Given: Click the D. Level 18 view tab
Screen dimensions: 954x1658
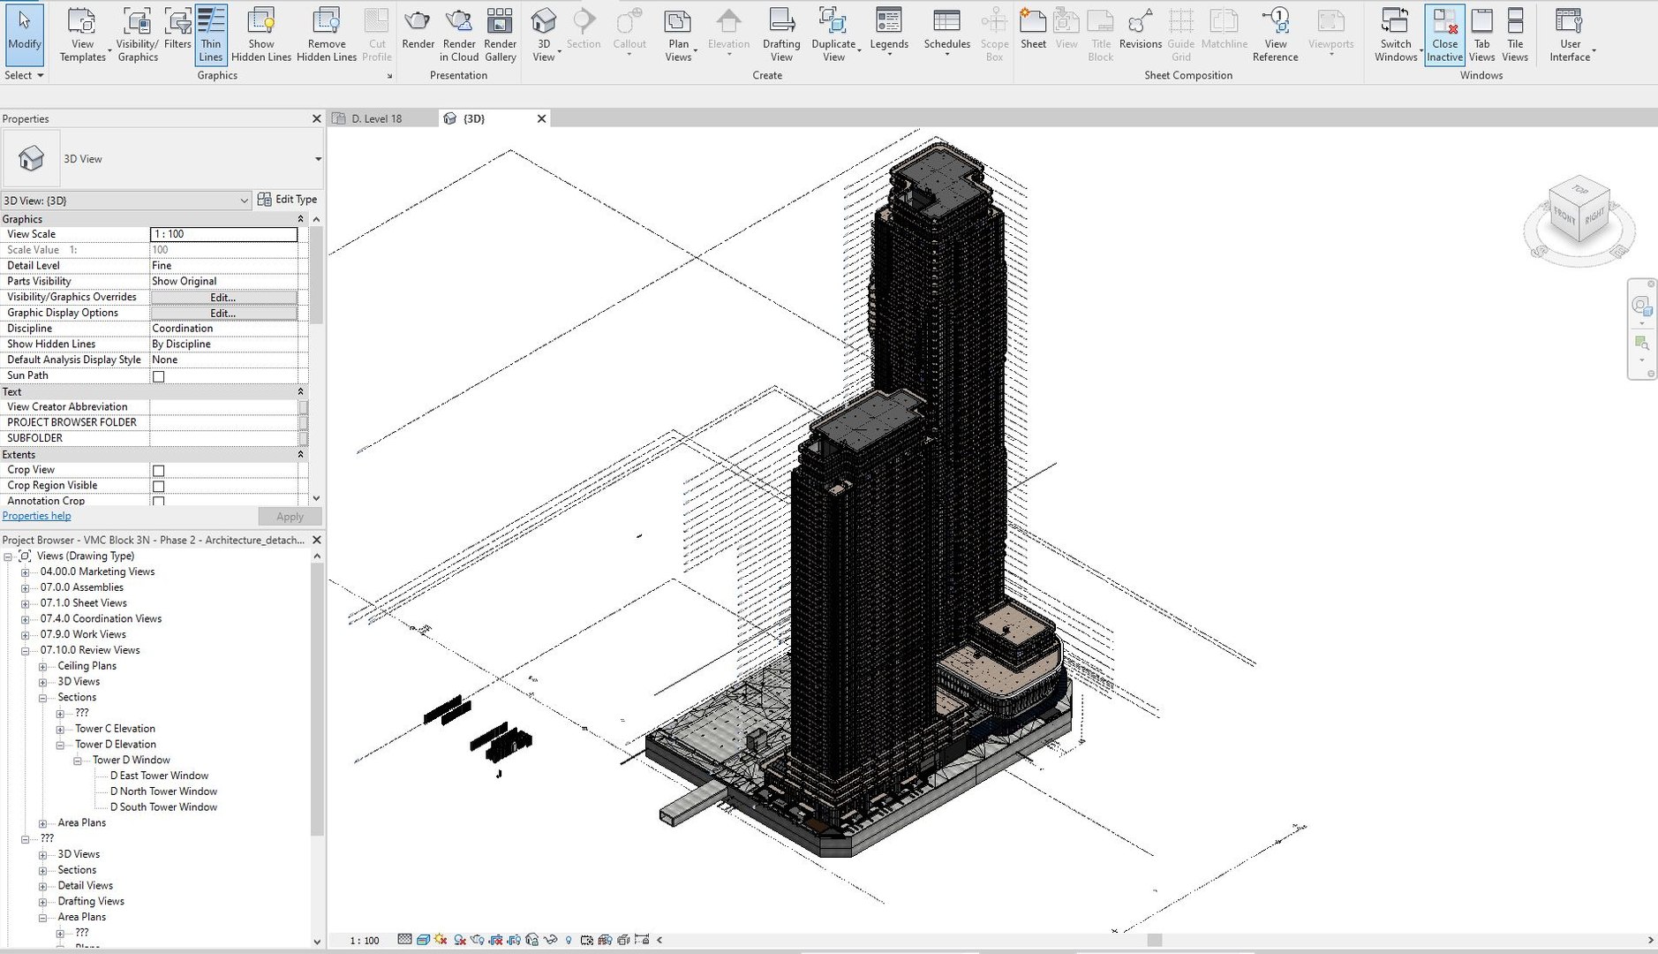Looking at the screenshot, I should [x=376, y=118].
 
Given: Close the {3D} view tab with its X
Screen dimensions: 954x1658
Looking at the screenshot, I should [x=542, y=118].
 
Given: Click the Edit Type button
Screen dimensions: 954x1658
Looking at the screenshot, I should [x=288, y=200].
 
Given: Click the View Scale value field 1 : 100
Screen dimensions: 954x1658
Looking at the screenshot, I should [x=224, y=234].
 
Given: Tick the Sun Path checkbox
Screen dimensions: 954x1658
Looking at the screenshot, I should [x=159, y=376].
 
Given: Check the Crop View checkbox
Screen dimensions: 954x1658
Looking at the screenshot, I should [x=159, y=471].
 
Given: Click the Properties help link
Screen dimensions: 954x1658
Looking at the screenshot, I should [x=37, y=516].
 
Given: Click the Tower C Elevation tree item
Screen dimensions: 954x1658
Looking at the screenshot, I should [x=115, y=729].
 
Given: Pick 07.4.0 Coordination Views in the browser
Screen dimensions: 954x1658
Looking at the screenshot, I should [x=101, y=618].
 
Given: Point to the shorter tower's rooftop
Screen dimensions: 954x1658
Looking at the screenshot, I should [x=865, y=415].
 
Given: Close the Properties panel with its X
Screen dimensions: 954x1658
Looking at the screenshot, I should [x=317, y=118].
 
